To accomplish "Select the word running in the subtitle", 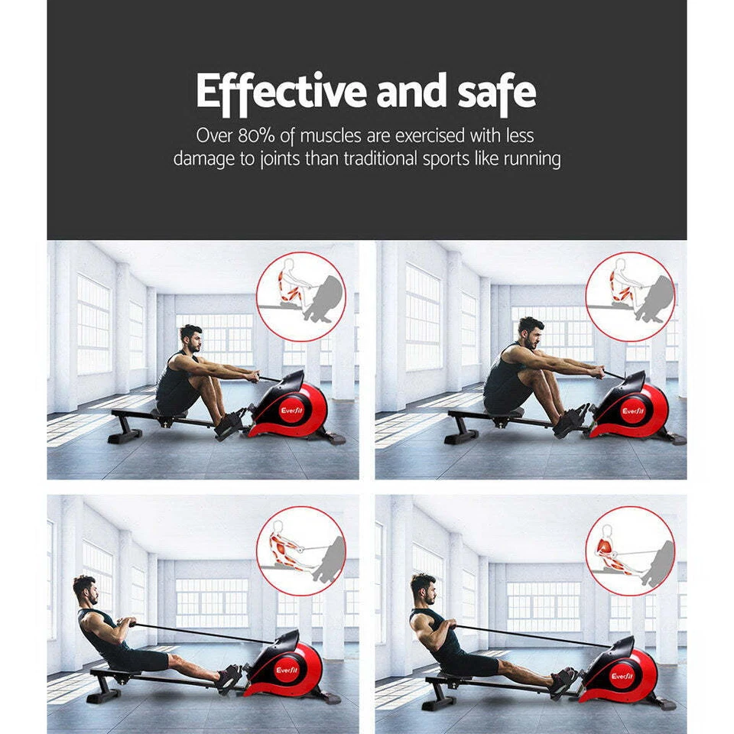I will pyautogui.click(x=528, y=159).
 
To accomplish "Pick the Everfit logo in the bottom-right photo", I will pyautogui.click(x=622, y=676).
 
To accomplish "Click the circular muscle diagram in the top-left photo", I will pyautogui.click(x=300, y=297).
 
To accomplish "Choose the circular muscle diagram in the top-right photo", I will pyautogui.click(x=630, y=297).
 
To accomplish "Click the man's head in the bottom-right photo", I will pyautogui.click(x=423, y=588).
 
